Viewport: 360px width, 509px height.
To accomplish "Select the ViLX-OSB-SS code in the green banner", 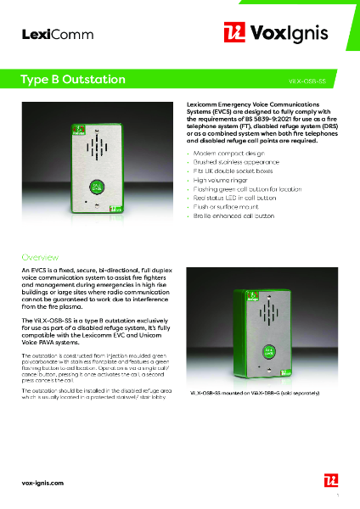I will tap(307, 81).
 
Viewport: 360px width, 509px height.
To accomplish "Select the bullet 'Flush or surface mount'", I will tap(225, 207).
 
